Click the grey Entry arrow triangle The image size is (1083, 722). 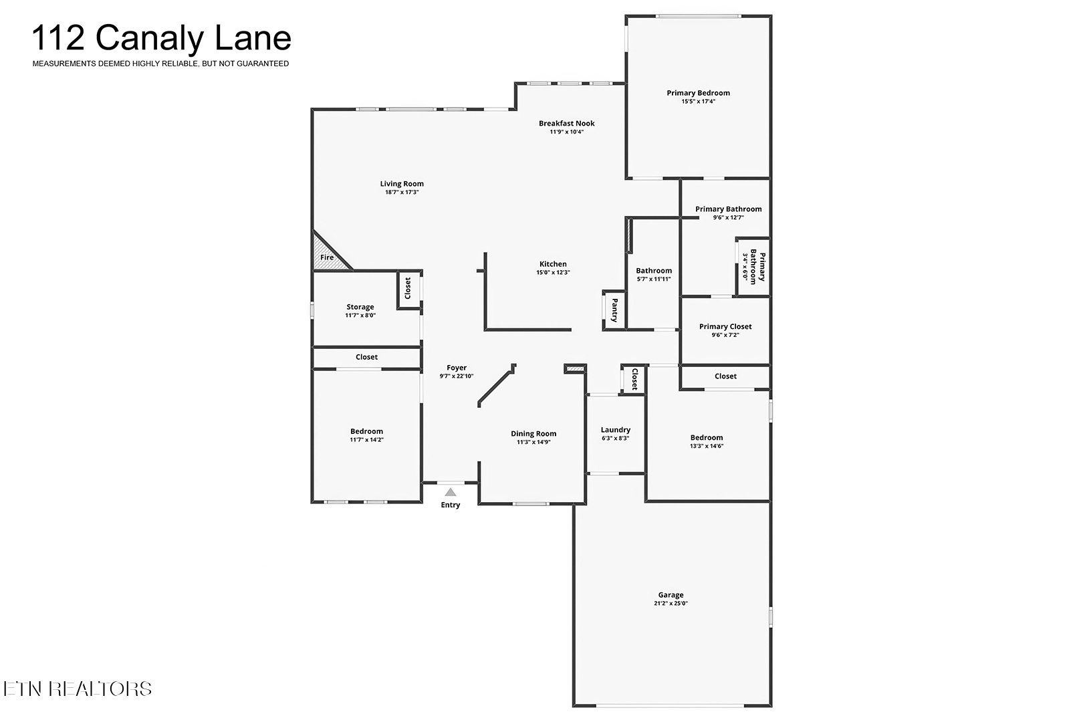451,492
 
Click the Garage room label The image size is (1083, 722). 671,595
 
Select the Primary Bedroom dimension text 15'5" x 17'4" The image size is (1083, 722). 698,102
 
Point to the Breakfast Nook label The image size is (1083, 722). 567,123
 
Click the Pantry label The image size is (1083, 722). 614,310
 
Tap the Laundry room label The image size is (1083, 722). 616,430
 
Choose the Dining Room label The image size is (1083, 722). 533,434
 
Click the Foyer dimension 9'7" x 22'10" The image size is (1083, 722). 457,376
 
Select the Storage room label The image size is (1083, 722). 360,307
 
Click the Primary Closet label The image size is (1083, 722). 725,326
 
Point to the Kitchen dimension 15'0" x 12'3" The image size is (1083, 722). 553,272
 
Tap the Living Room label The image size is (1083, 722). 402,184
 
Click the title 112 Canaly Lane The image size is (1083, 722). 162,38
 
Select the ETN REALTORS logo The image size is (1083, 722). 78,689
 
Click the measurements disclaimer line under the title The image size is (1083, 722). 160,64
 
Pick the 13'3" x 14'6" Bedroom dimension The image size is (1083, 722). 707,447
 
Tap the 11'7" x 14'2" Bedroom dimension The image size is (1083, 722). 366,440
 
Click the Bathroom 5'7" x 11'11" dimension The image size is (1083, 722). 654,279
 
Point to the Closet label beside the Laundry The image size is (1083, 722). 635,378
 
